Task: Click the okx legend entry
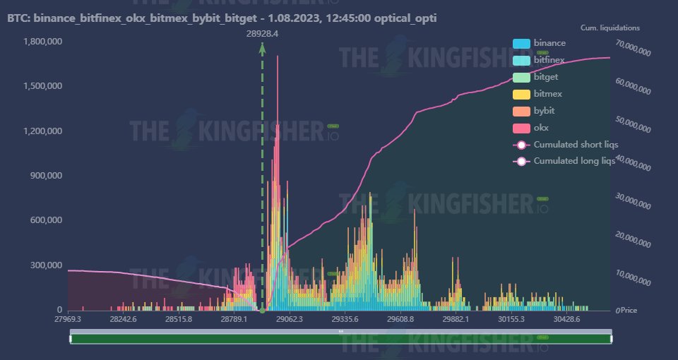tap(541, 128)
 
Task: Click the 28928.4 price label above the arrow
tap(263, 33)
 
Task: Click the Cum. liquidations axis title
tap(610, 28)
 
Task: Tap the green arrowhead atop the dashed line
tap(263, 47)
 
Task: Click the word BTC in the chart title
tap(18, 18)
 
